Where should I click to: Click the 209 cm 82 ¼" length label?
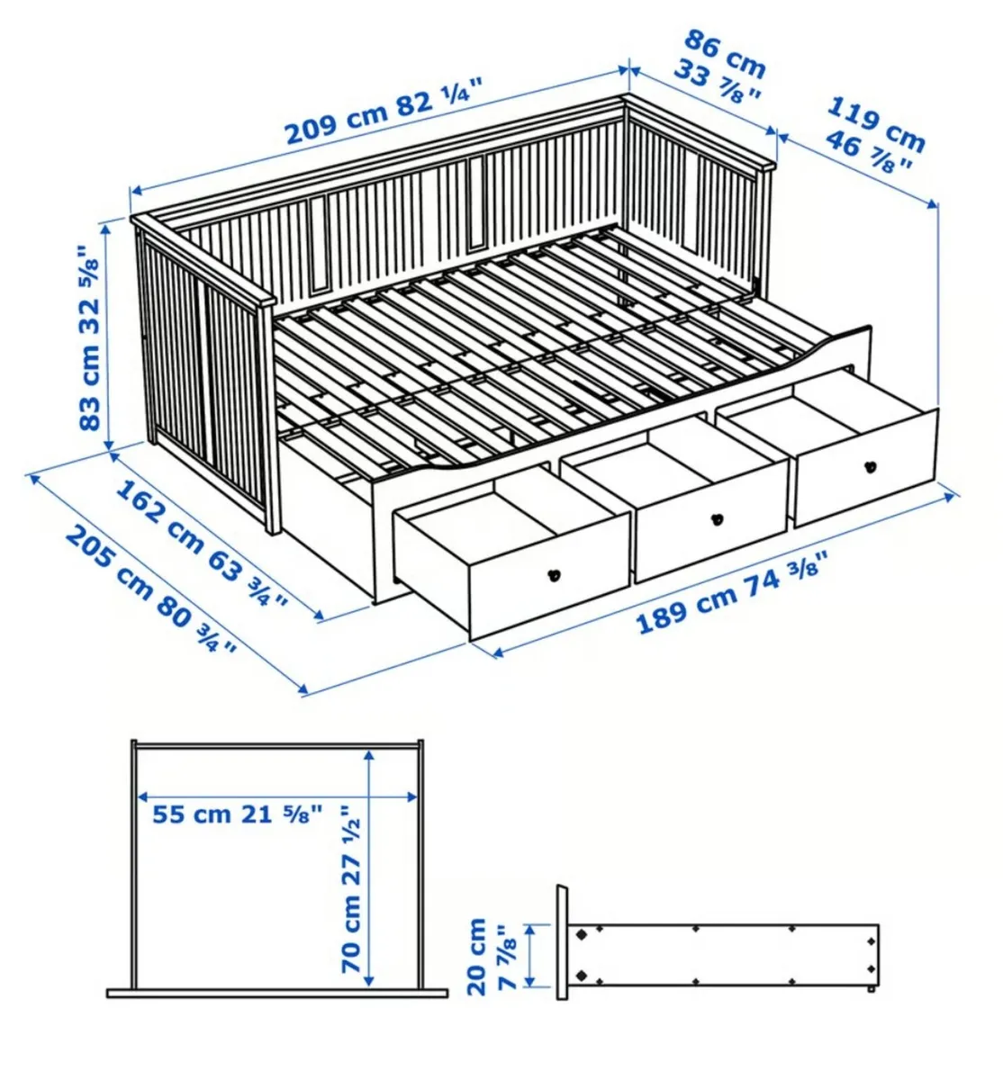click(x=383, y=112)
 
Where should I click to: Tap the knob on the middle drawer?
click(x=717, y=518)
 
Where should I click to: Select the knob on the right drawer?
click(x=870, y=466)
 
